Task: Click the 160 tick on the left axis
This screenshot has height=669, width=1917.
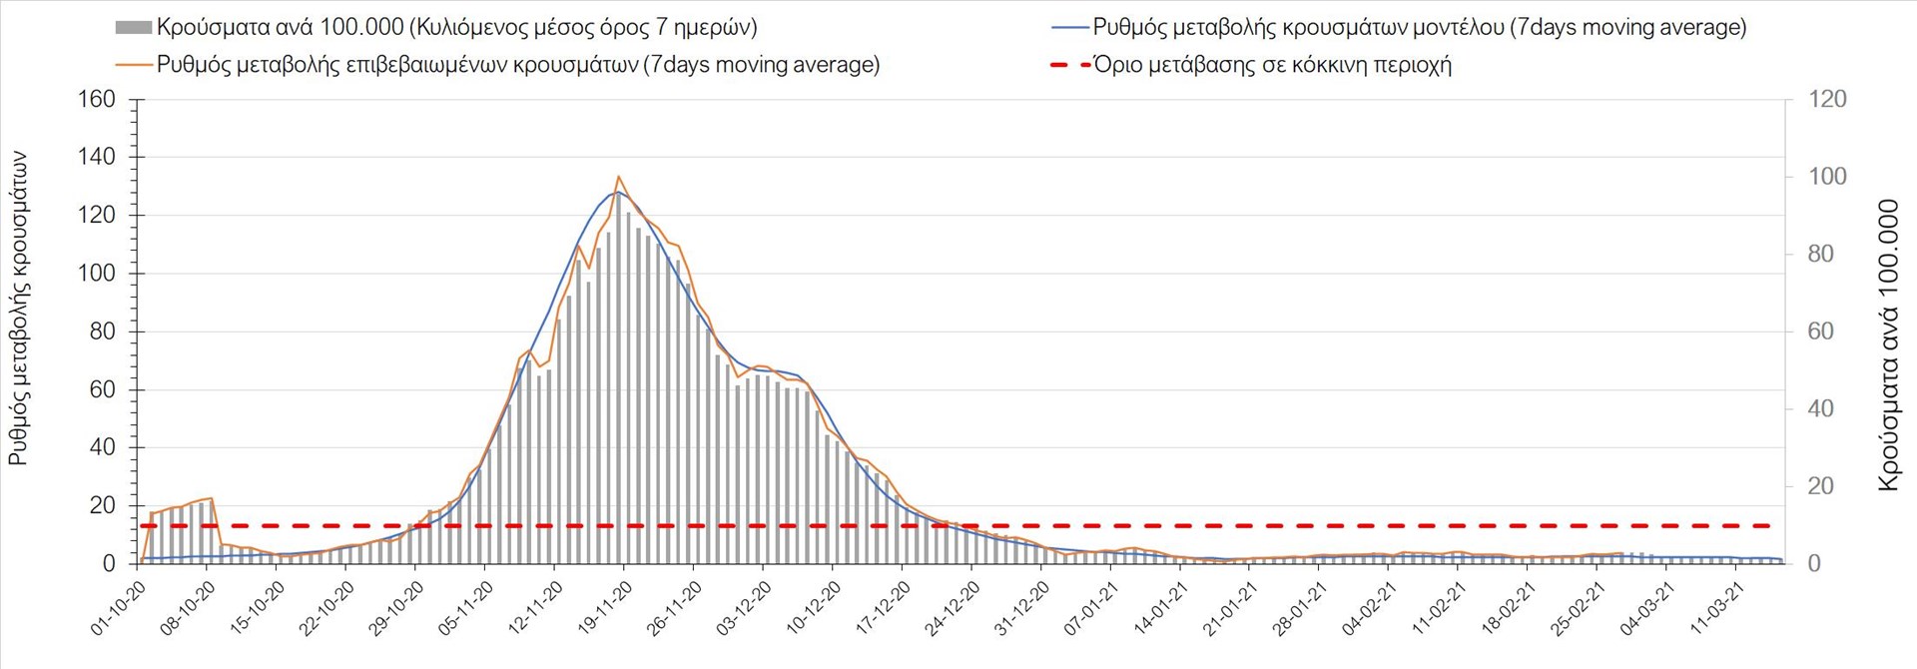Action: [x=97, y=99]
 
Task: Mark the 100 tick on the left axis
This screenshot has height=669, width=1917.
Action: [x=97, y=274]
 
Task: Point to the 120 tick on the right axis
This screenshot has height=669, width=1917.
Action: [x=1827, y=99]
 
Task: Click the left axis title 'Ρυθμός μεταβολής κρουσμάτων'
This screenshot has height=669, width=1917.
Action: [x=19, y=309]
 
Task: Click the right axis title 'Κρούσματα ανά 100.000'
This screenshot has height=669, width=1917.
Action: [x=1887, y=345]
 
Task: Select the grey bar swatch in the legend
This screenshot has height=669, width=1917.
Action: [x=134, y=28]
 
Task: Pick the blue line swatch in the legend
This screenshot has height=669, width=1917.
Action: [x=1069, y=28]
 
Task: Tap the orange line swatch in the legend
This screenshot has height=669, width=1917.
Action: [x=134, y=65]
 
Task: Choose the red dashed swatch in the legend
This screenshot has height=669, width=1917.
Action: [x=1069, y=65]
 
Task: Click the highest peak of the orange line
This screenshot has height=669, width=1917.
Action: [x=619, y=177]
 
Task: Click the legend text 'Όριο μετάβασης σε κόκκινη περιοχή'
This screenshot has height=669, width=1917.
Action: [x=1272, y=65]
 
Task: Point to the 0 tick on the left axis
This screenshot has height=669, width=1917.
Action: [x=109, y=564]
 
